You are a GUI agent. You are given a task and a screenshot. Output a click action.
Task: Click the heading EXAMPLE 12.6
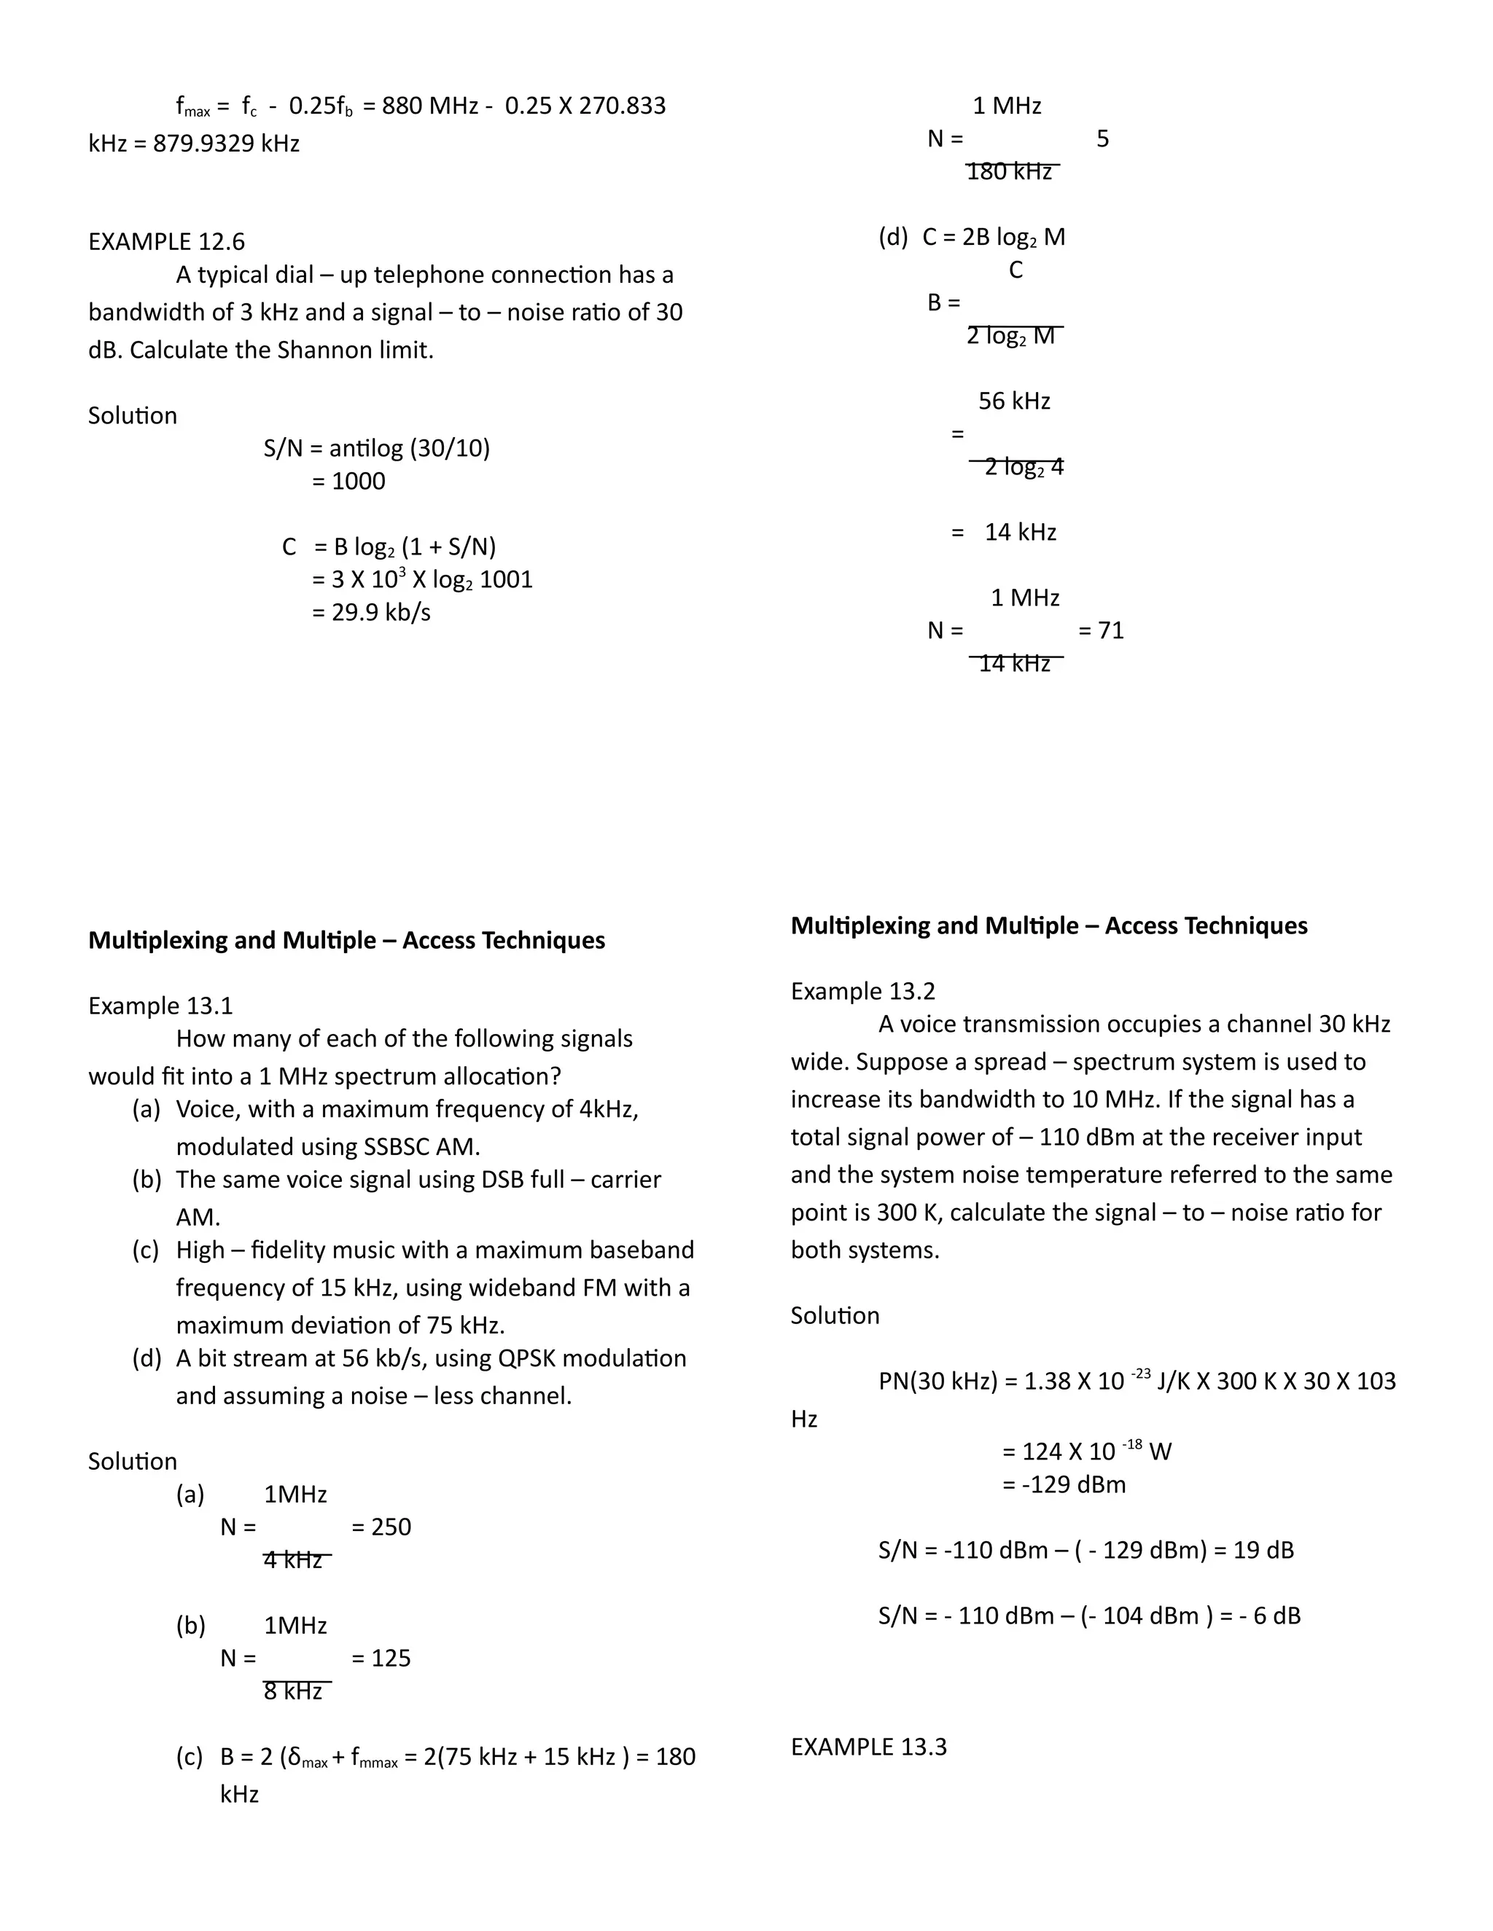166,241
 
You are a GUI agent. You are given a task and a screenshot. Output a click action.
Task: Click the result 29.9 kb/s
381,613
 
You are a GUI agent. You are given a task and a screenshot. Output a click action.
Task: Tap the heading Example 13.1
160,1006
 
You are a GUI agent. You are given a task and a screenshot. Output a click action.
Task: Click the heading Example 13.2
862,991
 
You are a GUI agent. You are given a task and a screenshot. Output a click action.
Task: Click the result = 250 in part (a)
381,1527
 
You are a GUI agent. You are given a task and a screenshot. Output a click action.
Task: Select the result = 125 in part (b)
381,1658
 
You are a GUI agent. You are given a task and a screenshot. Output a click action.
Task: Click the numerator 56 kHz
1013,402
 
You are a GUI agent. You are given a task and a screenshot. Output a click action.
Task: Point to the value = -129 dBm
1064,1484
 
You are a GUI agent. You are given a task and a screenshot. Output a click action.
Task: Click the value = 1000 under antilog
348,482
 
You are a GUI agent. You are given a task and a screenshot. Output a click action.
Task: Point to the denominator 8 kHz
293,1691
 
